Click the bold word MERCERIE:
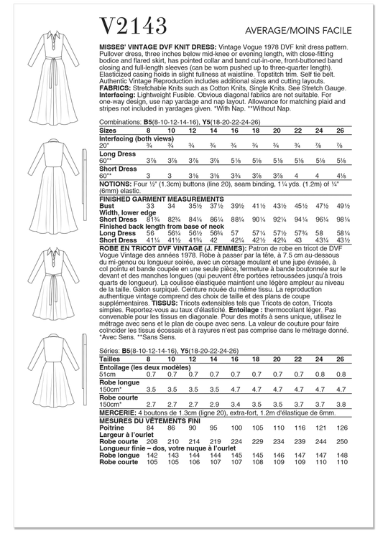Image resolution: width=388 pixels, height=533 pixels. (x=117, y=413)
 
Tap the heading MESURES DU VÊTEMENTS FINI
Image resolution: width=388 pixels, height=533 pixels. (x=149, y=421)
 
